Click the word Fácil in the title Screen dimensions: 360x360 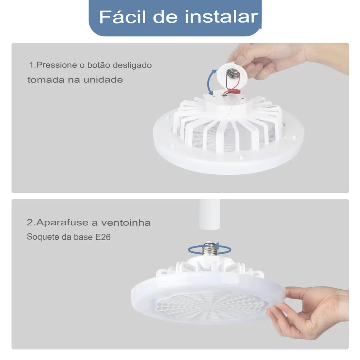point(122,17)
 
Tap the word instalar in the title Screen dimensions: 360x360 point(221,17)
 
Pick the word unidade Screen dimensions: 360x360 point(103,80)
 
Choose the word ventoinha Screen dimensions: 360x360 point(126,223)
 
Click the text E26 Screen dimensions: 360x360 point(103,237)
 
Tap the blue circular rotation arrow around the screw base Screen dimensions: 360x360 point(210,249)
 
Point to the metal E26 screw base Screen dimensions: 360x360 point(210,249)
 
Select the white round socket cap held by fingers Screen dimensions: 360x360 point(232,75)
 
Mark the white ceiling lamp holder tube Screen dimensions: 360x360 point(209,214)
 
